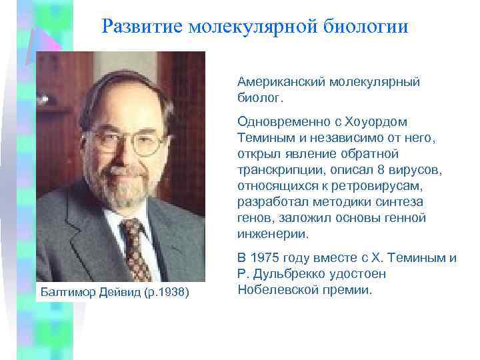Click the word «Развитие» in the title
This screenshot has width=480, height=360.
click(141, 27)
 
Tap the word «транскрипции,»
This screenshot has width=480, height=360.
click(277, 170)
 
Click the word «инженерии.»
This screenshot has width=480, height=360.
click(273, 234)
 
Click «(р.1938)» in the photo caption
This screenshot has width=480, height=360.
click(166, 293)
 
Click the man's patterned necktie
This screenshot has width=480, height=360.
click(136, 246)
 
